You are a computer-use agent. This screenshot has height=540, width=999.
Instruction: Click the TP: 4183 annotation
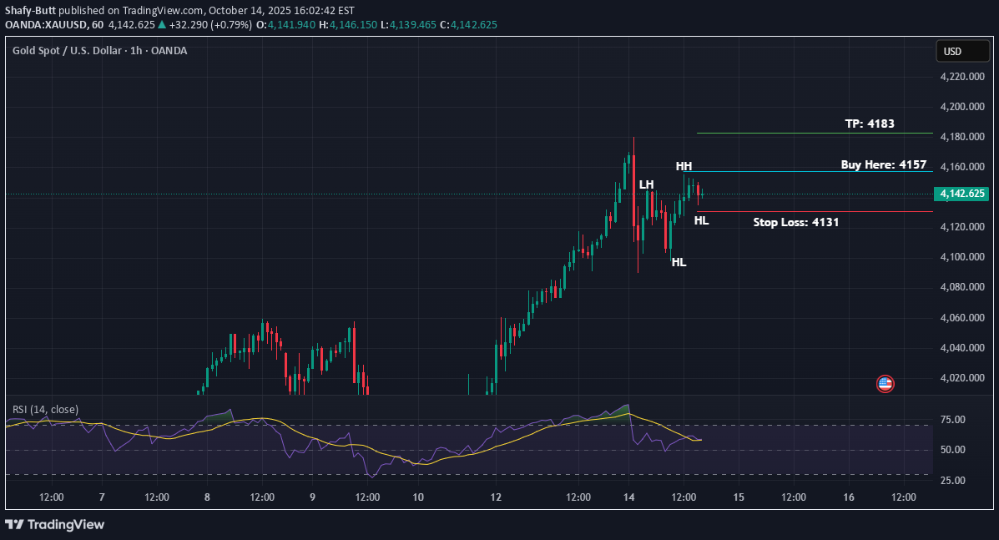pos(869,124)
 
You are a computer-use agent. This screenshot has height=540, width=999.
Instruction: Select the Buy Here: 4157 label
pos(883,164)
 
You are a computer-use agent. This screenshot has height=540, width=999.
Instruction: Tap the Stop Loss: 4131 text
pos(795,222)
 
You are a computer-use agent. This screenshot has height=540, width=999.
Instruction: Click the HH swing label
pos(684,167)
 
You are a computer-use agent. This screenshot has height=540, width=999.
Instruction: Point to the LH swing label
pos(646,184)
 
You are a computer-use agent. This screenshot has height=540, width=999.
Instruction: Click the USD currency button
pos(952,52)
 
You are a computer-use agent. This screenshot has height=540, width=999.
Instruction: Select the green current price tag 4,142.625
pos(962,194)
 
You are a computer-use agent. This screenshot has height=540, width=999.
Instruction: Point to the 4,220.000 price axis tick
pos(963,77)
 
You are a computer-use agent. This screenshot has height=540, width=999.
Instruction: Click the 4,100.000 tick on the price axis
pos(963,257)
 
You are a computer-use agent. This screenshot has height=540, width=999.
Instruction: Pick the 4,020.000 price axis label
pos(963,378)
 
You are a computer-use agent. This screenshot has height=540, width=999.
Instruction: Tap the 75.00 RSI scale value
pos(952,420)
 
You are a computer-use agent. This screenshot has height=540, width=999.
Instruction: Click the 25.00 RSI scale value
pos(952,481)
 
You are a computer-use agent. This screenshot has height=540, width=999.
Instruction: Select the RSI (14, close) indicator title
pos(45,409)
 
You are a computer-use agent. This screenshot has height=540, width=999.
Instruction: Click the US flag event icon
pos(885,384)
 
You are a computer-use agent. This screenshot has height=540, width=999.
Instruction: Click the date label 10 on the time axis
pos(418,497)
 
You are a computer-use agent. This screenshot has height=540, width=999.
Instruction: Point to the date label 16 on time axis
pos(848,497)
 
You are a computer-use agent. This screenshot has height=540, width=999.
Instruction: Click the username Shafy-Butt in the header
pos(33,11)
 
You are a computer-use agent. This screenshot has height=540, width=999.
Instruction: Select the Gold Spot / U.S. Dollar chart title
pos(99,51)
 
